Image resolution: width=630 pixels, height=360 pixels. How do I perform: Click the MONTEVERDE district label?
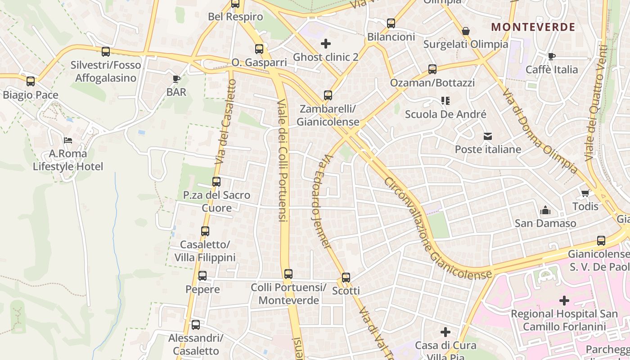(533, 27)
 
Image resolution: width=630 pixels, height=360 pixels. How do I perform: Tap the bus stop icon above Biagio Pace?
(31, 81)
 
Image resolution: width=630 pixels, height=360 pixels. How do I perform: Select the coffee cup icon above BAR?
(176, 79)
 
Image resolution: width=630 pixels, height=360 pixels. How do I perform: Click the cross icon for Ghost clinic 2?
(325, 44)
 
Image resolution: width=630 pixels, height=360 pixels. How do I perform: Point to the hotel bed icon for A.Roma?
(68, 140)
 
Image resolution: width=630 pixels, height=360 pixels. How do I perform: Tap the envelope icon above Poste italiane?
(488, 136)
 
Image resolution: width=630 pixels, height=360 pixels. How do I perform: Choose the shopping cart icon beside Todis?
(585, 193)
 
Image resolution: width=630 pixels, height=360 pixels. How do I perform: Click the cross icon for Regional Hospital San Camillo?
(564, 300)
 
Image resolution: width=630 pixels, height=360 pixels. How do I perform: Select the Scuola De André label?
(445, 114)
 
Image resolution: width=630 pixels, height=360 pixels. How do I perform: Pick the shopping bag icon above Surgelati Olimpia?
(466, 31)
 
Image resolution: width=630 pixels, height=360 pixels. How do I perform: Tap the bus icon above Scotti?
(346, 278)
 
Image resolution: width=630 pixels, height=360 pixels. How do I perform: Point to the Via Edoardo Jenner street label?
(321, 202)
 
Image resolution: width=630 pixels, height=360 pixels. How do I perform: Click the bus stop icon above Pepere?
(202, 276)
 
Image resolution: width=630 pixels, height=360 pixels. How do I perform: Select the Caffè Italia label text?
(552, 70)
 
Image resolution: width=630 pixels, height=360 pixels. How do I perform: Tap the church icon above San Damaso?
(545, 210)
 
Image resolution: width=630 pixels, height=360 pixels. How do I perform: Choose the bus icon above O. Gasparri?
(259, 49)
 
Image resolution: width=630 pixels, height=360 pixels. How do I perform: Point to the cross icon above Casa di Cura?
(445, 332)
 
